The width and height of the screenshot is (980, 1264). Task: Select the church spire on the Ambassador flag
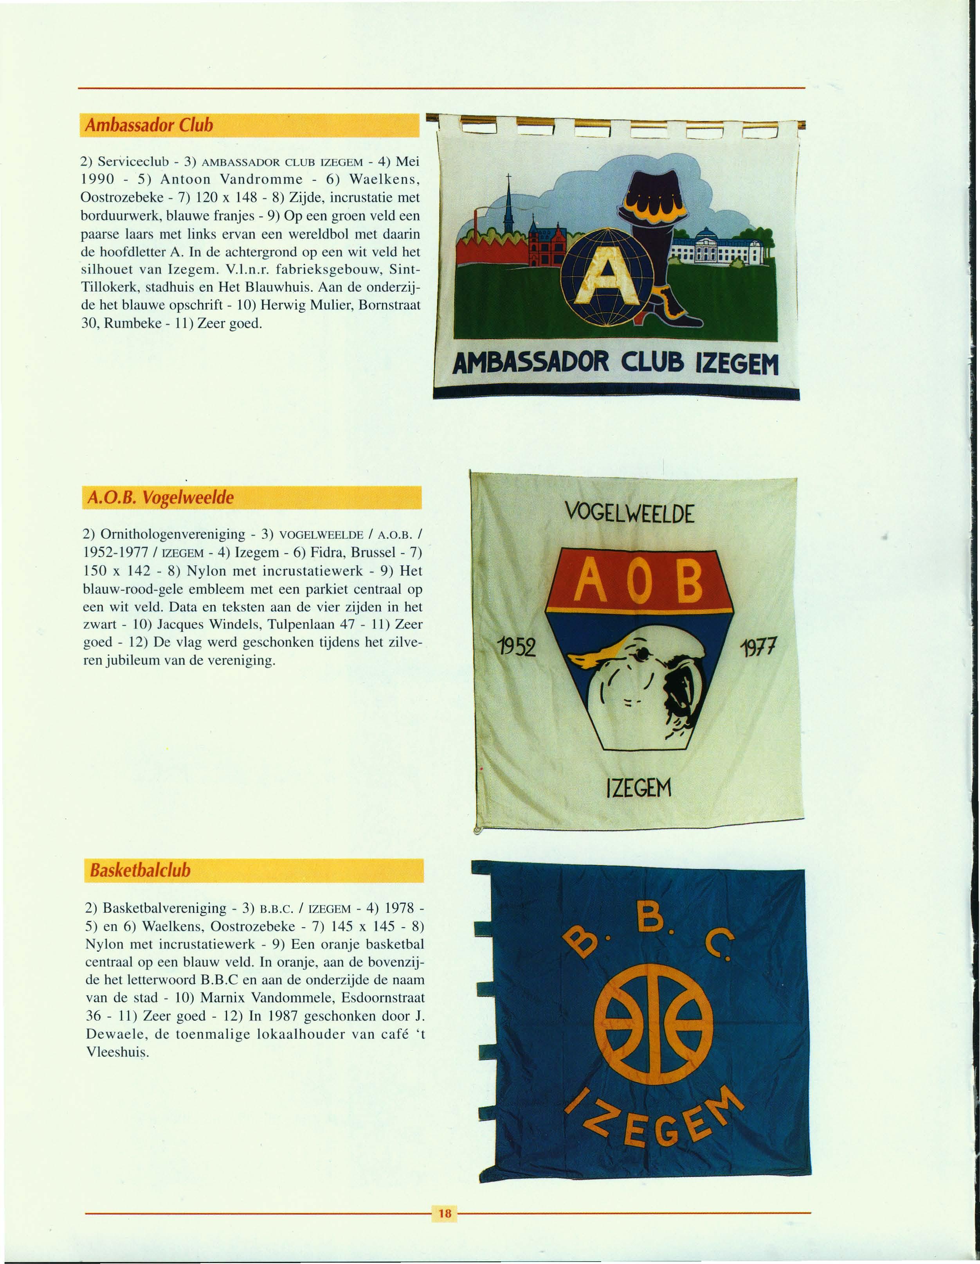(x=507, y=209)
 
